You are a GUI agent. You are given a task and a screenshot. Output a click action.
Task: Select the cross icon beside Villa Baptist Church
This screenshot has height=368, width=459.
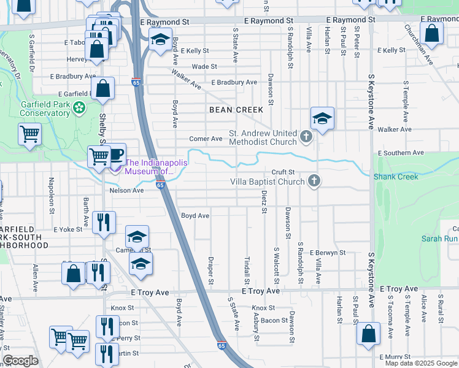[x=314, y=181]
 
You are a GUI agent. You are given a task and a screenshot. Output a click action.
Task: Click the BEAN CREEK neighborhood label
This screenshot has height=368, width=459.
[x=236, y=110]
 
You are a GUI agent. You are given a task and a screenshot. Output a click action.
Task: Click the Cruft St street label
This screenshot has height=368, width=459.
[x=284, y=172]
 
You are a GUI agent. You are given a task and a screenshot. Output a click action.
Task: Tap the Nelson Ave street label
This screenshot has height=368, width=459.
[x=126, y=191]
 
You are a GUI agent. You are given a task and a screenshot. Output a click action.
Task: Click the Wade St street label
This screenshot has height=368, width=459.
[x=205, y=66]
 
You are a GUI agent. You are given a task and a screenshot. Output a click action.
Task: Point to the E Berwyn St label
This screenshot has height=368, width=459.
[x=328, y=253]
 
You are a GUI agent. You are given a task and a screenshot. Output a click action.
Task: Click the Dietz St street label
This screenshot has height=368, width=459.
[x=264, y=201]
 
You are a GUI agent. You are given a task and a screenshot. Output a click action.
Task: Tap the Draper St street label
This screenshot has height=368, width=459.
[x=210, y=270]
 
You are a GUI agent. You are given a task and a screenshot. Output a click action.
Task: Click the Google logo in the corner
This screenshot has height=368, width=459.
[x=20, y=361]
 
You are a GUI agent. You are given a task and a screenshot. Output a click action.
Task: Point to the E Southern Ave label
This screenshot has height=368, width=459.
[x=401, y=152]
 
